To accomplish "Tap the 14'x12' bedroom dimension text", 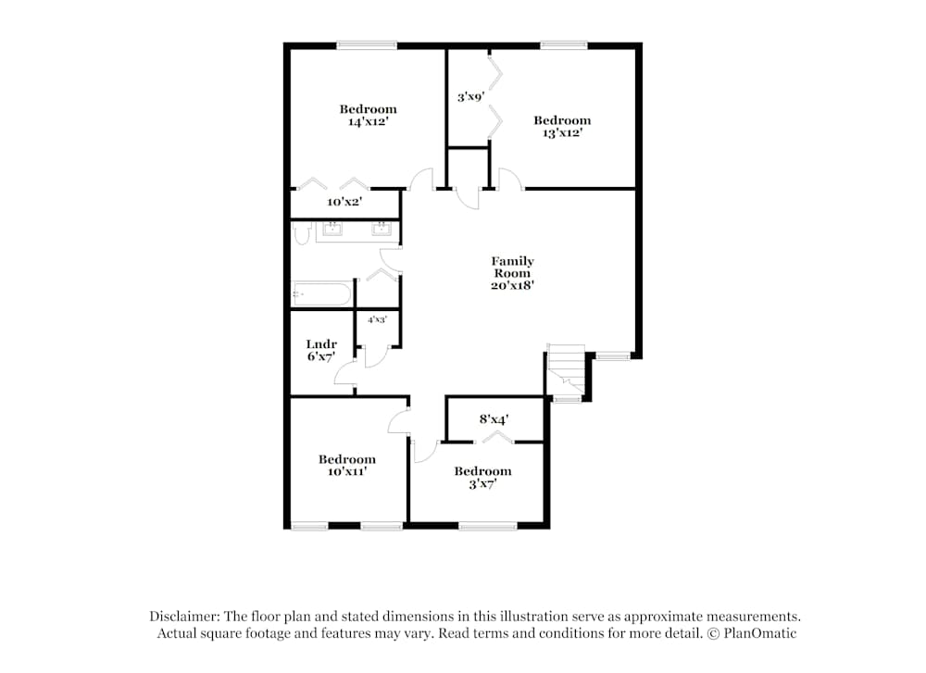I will coord(367,121).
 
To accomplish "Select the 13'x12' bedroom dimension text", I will coord(561,132).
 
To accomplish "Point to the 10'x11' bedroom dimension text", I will coord(347,471).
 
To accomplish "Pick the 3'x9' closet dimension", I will coord(470,95).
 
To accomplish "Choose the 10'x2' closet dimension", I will coord(344,202).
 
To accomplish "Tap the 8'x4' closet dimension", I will coord(494,419).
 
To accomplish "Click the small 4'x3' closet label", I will coord(377,319).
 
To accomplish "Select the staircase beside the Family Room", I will coord(566,368).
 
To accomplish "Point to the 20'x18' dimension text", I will coord(512,286).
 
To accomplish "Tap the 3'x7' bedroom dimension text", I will coord(482,483).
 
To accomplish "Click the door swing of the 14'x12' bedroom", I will coord(422,179).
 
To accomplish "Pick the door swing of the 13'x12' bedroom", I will coord(509,178).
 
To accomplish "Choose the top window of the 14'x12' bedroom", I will coord(367,44).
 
